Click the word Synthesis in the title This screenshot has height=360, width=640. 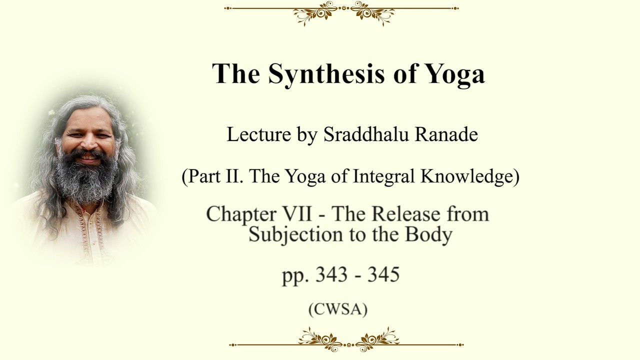(326, 73)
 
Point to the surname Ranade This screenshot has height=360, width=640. (446, 134)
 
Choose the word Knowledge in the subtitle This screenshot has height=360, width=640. (467, 176)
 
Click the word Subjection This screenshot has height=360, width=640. (295, 235)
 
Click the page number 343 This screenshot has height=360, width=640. (331, 274)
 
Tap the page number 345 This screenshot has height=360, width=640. (383, 274)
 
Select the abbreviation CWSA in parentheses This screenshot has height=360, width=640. (338, 309)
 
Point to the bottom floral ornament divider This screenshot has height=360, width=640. (346, 340)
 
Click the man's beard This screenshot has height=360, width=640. (85, 177)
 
